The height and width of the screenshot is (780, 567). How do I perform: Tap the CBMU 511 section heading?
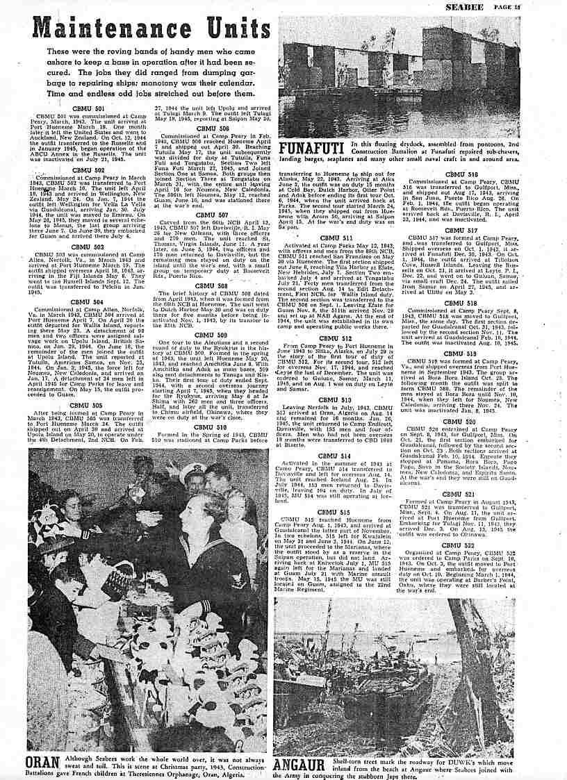tap(336, 238)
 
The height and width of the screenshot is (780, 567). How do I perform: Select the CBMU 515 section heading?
tap(336, 512)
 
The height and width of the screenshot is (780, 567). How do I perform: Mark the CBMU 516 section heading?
tap(461, 174)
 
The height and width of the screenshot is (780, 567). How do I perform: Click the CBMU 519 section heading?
tap(461, 354)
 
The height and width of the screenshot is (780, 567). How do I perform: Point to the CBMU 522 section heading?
tap(461, 545)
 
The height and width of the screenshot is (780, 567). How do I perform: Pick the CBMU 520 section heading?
tap(461, 422)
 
